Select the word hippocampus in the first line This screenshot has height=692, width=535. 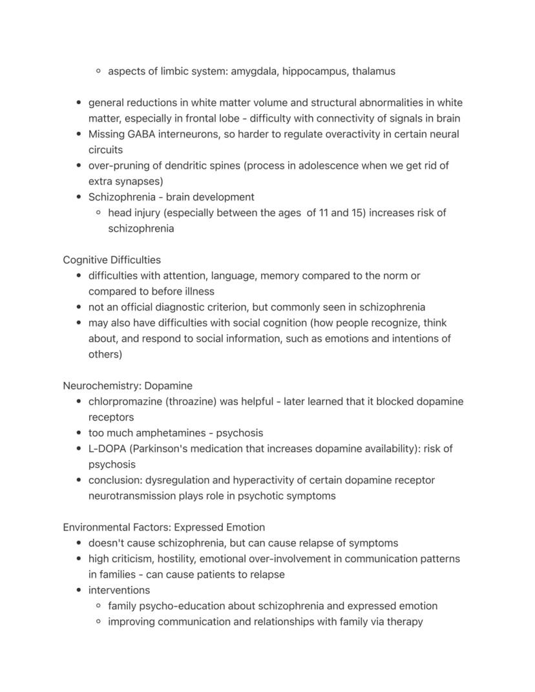pos(318,71)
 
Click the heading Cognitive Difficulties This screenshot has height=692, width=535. pos(112,260)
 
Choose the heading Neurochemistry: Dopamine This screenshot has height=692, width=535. pos(127,386)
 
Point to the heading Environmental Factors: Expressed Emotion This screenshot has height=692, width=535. pos(163,527)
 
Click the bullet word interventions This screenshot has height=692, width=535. pos(119,590)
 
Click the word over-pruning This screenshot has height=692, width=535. pos(117,165)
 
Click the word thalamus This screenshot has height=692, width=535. pos(373,71)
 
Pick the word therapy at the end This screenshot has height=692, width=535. pos(404,622)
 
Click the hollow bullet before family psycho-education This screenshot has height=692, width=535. pos(98,606)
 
